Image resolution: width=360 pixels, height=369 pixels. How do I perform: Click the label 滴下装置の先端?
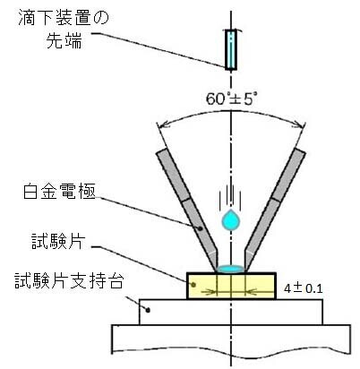tap(64, 30)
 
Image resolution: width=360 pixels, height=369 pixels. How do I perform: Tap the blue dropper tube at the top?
tap(231, 49)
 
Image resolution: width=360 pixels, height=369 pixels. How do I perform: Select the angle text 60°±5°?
tap(229, 99)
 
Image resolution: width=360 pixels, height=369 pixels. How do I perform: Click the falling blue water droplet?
tap(230, 220)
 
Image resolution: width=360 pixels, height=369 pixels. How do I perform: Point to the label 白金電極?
tap(59, 191)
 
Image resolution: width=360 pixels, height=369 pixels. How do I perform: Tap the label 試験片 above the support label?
tap(58, 241)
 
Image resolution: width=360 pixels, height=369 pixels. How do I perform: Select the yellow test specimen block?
tap(231, 286)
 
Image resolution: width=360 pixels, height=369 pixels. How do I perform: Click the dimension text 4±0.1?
tap(303, 288)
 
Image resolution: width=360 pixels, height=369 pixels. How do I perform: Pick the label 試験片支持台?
tap(69, 280)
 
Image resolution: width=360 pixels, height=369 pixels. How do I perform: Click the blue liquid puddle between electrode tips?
tap(231, 269)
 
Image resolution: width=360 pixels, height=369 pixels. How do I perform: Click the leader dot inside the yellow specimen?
tap(193, 285)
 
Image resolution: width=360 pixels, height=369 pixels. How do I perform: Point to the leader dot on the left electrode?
tap(201, 228)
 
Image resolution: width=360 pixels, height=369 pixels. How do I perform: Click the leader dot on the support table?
tap(148, 311)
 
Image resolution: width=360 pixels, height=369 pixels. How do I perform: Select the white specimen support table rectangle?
tap(231, 312)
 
